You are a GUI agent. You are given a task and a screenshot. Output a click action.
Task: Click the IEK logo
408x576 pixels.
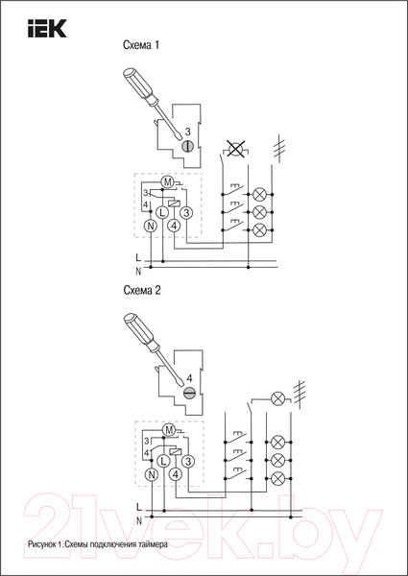47,29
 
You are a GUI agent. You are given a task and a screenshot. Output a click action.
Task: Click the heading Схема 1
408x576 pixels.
141,45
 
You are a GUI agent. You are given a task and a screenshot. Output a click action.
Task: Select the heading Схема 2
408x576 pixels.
142,291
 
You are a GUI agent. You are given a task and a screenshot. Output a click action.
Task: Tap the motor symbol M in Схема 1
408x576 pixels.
167,182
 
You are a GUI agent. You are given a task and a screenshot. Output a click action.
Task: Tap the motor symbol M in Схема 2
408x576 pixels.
169,430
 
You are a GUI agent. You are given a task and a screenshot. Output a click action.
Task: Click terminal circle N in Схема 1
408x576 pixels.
150,227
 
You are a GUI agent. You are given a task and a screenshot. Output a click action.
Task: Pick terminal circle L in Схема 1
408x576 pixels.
162,212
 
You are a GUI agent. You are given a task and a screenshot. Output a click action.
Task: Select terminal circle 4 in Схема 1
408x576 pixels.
175,227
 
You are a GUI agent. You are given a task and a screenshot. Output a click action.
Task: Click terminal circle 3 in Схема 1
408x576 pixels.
186,212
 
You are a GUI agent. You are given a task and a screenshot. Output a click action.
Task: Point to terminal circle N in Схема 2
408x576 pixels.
152,474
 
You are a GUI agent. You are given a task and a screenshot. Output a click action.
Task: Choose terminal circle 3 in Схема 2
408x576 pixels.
187,460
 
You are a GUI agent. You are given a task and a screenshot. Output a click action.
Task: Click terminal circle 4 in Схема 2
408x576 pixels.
176,474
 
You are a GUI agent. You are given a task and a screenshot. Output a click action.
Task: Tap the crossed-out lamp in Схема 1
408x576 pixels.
236,149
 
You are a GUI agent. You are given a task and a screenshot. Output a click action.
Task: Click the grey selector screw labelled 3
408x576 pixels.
187,147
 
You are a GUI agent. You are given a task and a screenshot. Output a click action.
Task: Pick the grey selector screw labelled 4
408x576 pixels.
189,393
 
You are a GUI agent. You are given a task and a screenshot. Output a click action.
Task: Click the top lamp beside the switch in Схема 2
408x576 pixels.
277,398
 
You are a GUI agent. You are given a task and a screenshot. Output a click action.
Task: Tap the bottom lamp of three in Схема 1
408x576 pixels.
260,229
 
